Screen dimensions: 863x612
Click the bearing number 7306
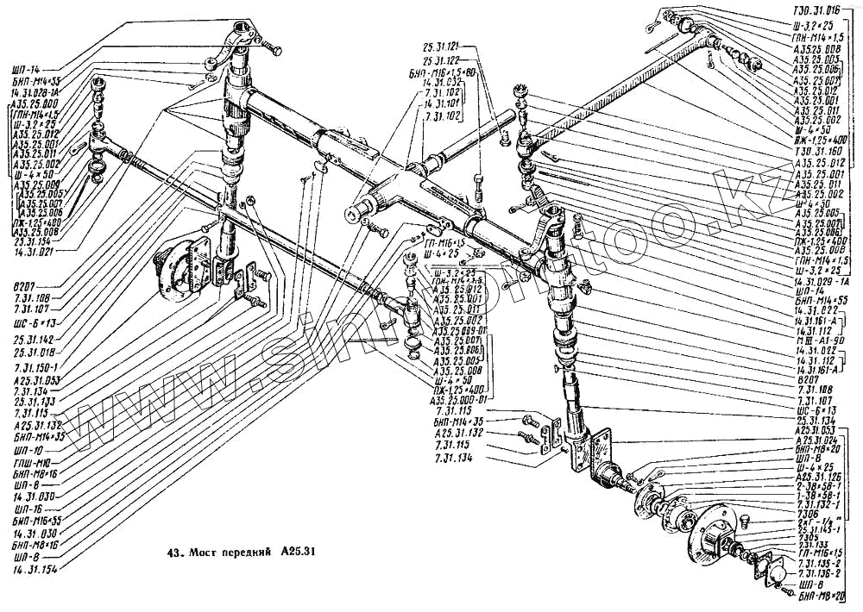point(809,510)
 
